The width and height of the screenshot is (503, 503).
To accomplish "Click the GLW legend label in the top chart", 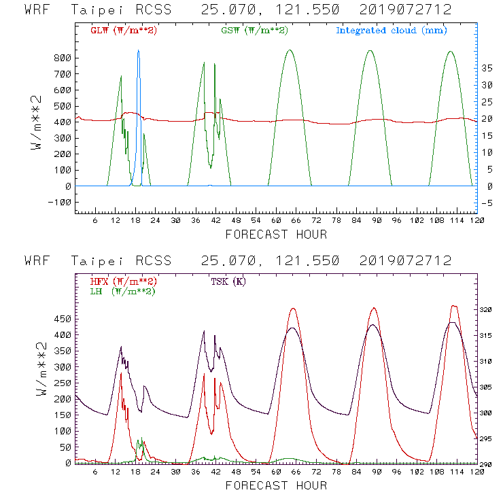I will [x=124, y=31].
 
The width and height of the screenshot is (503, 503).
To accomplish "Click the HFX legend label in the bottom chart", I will [x=124, y=281].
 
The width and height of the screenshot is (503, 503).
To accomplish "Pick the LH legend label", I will [x=122, y=291].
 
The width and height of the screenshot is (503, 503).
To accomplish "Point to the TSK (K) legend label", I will [x=228, y=281].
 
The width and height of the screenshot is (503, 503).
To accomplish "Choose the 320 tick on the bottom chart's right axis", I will [x=486, y=310].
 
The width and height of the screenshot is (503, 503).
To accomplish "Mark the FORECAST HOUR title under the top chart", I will [x=276, y=235].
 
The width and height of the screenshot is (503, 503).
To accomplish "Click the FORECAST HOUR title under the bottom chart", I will [x=276, y=485].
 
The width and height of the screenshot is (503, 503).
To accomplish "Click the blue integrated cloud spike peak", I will [x=138, y=50].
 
